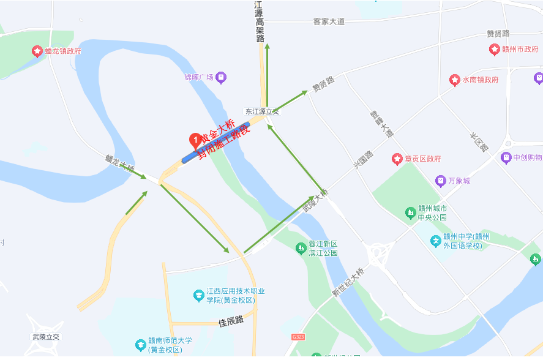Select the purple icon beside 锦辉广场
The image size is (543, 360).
tap(221, 77)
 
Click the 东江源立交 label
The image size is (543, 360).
tap(261, 111)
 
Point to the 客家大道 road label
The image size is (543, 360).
tap(329, 22)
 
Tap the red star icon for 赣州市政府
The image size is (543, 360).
tap(494, 49)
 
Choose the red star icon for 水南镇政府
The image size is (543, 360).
tap(454, 80)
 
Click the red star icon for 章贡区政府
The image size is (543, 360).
tap(397, 159)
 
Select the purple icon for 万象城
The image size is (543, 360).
tap(440, 181)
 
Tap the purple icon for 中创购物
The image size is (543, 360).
tap(506, 157)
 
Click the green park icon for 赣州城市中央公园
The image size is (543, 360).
tap(410, 212)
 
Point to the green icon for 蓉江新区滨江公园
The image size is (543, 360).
tap(300, 247)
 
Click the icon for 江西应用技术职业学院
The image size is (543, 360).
tap(199, 296)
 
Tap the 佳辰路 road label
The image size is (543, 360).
tap(231, 320)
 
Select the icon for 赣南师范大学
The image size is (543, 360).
tap(140, 345)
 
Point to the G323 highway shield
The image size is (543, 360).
tap(298, 337)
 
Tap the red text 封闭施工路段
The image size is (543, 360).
tap(224, 141)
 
